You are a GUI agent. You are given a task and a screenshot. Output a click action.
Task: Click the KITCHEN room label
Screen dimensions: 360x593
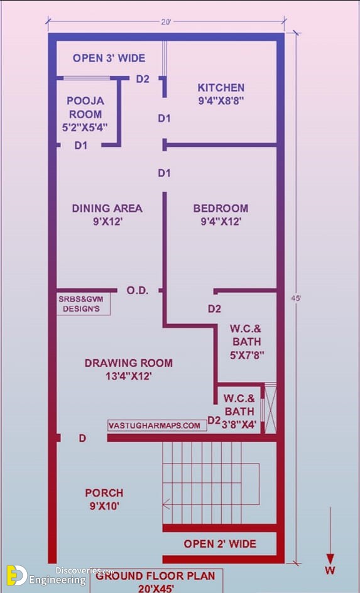coord(221,88)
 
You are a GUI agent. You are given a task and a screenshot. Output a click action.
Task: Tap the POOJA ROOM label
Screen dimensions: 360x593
coord(85,107)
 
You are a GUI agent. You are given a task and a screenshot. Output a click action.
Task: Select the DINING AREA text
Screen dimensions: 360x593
coord(107,209)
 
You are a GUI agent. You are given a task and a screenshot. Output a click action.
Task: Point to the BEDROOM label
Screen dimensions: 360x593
coord(221,209)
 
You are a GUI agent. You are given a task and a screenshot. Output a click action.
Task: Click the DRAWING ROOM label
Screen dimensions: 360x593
coord(129,363)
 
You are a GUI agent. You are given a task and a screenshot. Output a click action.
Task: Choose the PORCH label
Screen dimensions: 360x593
coord(104,493)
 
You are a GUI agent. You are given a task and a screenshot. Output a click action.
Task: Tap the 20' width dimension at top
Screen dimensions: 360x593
coord(166,22)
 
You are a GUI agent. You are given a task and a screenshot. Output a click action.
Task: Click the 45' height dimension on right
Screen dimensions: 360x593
coord(296,298)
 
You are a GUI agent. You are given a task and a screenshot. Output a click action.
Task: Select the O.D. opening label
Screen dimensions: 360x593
coord(137,291)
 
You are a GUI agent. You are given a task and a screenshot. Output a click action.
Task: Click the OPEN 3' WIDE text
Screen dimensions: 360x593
coord(109,58)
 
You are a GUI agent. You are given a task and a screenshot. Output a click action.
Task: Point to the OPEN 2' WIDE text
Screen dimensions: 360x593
coord(220,544)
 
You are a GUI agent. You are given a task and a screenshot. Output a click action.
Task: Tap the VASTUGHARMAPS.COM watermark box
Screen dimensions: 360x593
coord(157,425)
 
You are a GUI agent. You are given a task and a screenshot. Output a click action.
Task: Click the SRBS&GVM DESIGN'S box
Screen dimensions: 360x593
coord(84,304)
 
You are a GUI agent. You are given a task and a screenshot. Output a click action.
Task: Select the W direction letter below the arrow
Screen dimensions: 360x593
coord(330,570)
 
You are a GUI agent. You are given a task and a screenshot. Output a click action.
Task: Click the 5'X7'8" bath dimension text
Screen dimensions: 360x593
coord(247,355)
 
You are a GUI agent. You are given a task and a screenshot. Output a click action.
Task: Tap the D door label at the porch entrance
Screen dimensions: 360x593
coord(82,438)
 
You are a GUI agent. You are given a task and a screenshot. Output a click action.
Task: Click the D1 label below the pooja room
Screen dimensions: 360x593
coord(81,145)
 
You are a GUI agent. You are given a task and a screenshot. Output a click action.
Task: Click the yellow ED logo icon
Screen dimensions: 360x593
coord(16,575)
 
